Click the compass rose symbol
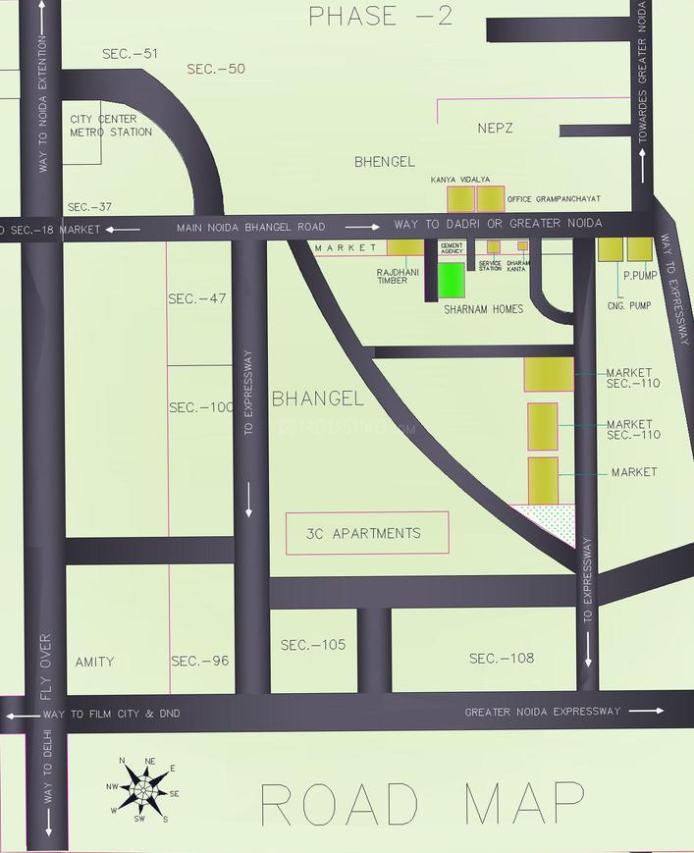[143, 788]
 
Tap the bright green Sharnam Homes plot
[451, 281]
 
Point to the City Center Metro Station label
[110, 126]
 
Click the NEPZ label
[495, 129]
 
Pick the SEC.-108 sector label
[501, 658]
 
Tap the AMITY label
[94, 662]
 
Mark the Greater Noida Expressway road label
[542, 711]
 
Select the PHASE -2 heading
[381, 17]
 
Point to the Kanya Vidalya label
[460, 181]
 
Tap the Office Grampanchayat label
[554, 199]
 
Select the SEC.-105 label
[313, 645]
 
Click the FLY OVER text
[45, 666]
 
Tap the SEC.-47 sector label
[196, 298]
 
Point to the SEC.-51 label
[130, 54]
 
